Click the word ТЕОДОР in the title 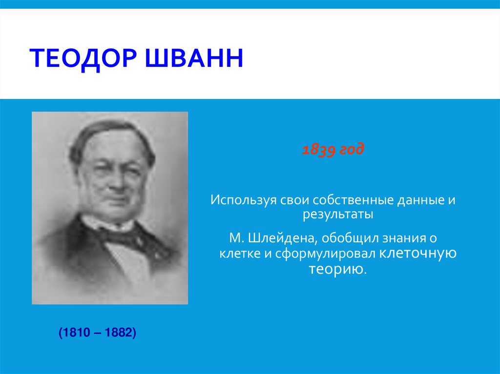83,59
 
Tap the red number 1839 319,150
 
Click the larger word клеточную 417,254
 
